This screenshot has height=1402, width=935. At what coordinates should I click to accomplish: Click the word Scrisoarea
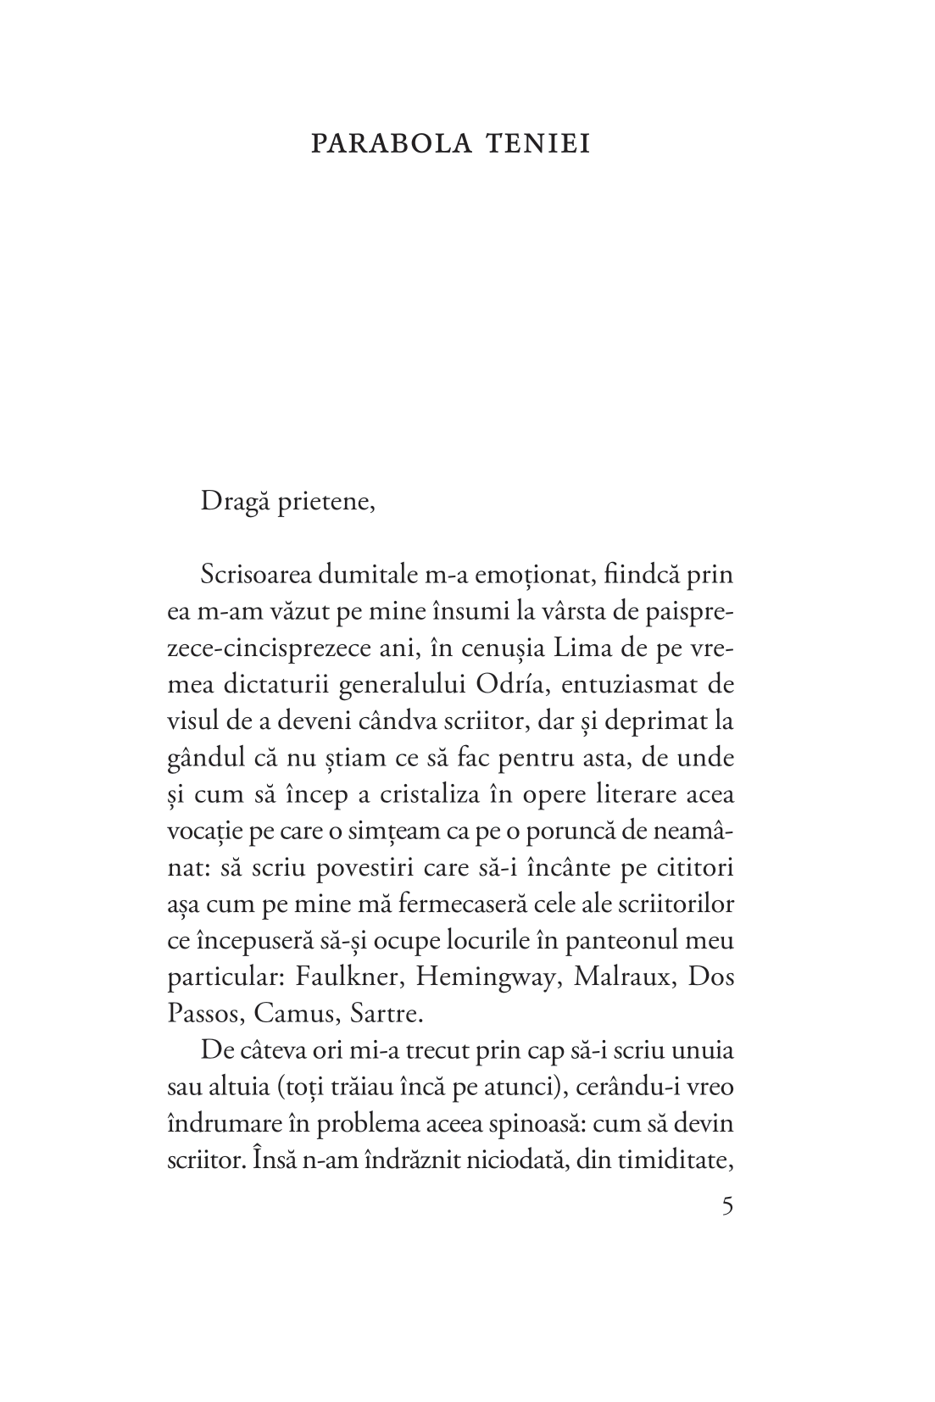tap(258, 575)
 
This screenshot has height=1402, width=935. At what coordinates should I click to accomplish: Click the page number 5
tap(727, 1206)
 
